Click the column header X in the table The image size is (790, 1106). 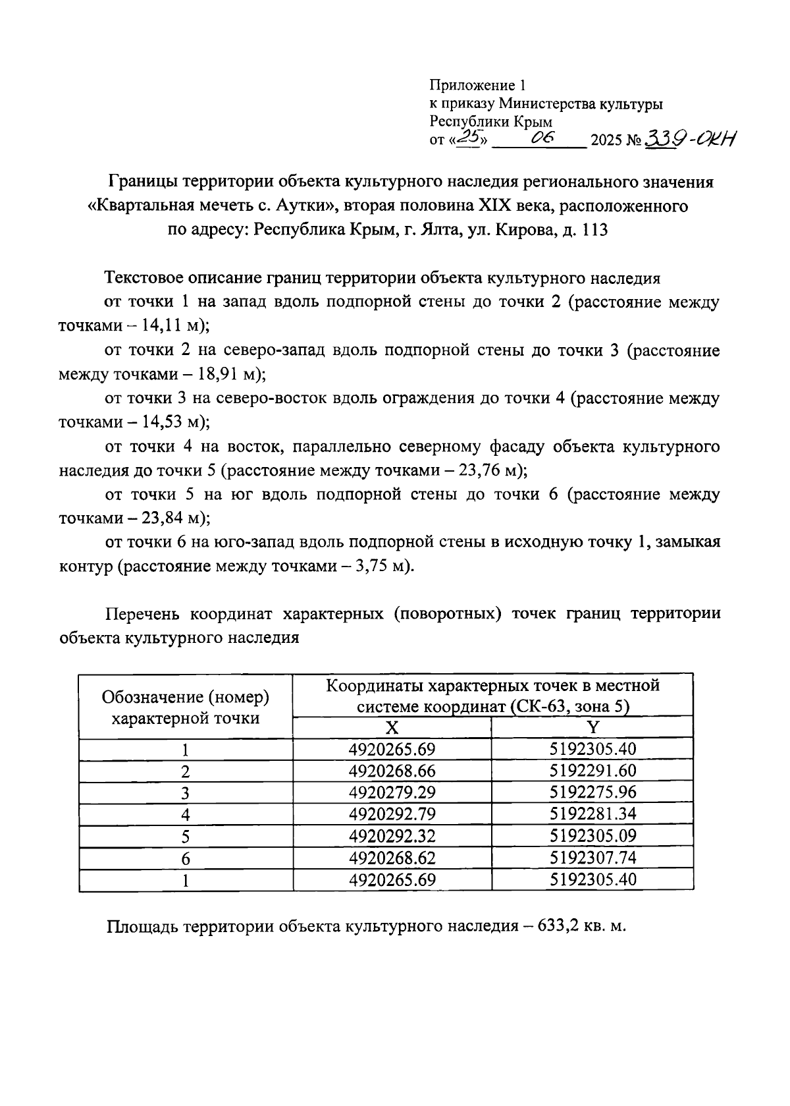392,727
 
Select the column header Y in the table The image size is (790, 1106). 593,727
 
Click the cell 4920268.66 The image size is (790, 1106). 392,771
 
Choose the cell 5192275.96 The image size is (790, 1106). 593,792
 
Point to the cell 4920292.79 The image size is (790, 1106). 392,814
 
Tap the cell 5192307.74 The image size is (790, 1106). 593,858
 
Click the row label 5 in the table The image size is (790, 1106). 186,837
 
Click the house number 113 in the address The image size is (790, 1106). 593,231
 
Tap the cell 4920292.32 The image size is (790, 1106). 392,836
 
